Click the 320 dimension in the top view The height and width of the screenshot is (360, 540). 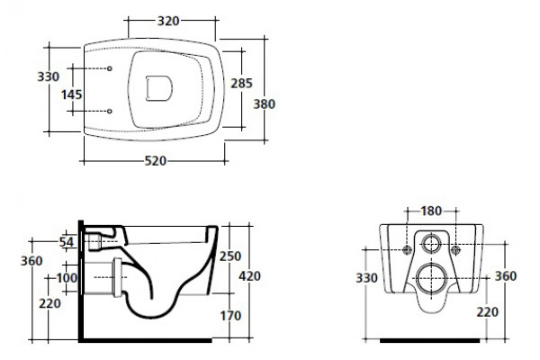pyautogui.click(x=168, y=21)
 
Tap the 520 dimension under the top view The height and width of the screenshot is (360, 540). pyautogui.click(x=156, y=161)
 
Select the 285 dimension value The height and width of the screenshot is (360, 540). pyautogui.click(x=241, y=83)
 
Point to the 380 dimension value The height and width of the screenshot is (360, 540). pyautogui.click(x=264, y=104)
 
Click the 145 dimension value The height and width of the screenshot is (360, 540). pyautogui.click(x=72, y=94)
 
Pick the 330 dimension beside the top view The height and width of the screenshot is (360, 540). pyautogui.click(x=49, y=76)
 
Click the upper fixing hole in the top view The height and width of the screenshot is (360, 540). pyautogui.click(x=110, y=68)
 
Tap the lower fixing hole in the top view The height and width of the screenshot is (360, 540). pyautogui.click(x=110, y=112)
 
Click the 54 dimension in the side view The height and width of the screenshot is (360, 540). pyautogui.click(x=67, y=242)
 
